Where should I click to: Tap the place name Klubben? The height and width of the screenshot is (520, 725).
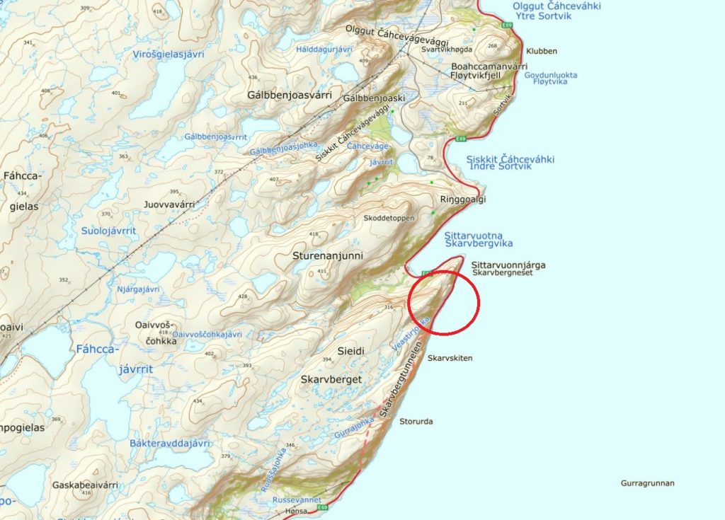(x=542, y=51)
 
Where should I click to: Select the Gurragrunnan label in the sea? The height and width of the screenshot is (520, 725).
(x=647, y=484)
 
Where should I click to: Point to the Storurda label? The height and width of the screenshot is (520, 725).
(x=416, y=422)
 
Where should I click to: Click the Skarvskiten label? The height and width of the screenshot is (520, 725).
(x=450, y=358)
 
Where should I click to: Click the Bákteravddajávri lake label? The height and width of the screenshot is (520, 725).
(x=171, y=444)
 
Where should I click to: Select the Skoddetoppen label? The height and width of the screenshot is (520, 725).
(x=389, y=218)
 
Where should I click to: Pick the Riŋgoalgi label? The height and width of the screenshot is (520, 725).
(x=463, y=200)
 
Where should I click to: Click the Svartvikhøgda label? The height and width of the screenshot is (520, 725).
(x=446, y=50)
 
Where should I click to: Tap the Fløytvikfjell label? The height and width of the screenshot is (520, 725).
(x=485, y=76)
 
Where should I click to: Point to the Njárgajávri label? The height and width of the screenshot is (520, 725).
(x=138, y=289)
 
